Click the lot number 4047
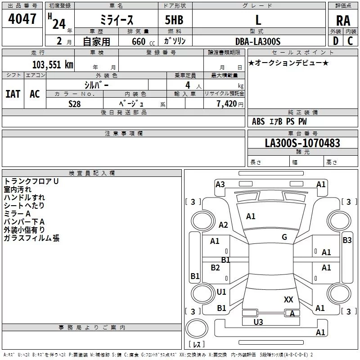coord(22,19)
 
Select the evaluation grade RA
coord(343,20)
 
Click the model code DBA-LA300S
coord(257,41)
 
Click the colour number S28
coord(75,103)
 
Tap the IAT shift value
coord(13,94)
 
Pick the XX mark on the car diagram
coord(289,299)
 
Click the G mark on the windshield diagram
coord(284,237)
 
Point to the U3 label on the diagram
coord(258,322)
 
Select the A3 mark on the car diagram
coord(220,184)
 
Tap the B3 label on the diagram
coord(347,240)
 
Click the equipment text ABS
coord(258,121)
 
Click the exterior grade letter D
coord(335,41)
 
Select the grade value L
coord(258,20)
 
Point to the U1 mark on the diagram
coord(221,292)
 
